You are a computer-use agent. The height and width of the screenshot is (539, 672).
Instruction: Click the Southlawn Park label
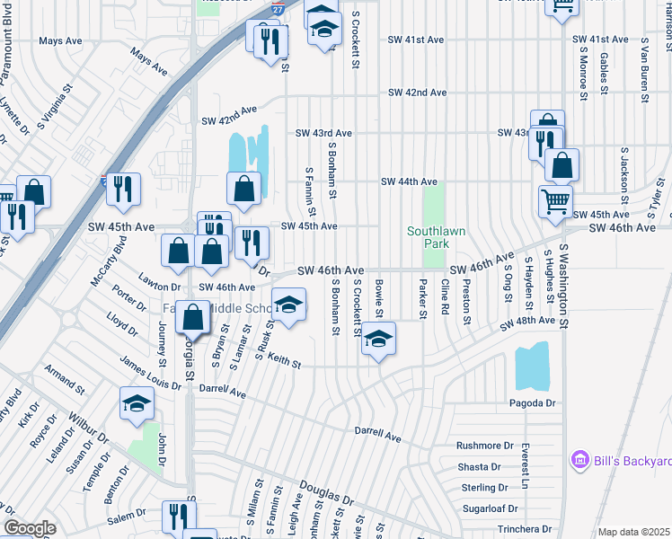pos(436,237)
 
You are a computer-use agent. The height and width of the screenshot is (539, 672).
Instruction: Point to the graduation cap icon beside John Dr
pos(137,403)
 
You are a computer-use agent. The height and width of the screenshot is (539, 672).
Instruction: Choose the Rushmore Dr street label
pos(484,445)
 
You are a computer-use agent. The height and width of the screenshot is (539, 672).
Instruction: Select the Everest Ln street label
pos(526,471)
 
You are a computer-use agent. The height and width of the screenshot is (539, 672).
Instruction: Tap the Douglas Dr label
pos(326,496)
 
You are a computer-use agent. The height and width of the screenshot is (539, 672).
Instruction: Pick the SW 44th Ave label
pos(409,181)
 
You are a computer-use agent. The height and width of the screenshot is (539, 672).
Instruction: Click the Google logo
pos(29,528)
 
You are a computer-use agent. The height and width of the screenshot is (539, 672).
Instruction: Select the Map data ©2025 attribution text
pos(633,532)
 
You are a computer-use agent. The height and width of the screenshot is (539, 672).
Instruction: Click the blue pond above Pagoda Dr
pos(533,366)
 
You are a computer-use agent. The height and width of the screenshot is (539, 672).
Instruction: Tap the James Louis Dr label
pos(150,372)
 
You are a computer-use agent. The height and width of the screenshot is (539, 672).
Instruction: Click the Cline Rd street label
pos(445,302)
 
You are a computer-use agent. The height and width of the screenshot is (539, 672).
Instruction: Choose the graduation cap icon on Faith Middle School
pos(288,305)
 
